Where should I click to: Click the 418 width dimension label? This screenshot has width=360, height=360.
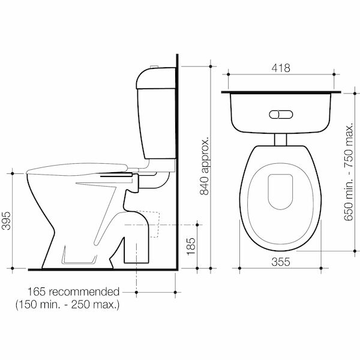click(281, 68)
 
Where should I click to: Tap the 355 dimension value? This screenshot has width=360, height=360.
click(281, 262)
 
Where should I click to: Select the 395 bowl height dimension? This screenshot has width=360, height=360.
click(6, 221)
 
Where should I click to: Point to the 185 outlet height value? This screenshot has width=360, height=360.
click(191, 246)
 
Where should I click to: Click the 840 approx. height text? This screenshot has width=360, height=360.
click(205, 166)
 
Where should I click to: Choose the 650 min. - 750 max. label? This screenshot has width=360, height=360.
click(348, 172)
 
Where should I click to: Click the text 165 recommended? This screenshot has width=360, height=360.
click(73, 292)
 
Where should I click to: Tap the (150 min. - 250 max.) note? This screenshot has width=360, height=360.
click(67, 305)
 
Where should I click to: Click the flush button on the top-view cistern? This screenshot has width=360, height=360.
click(281, 115)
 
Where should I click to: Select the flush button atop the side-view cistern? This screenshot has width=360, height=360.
click(154, 67)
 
